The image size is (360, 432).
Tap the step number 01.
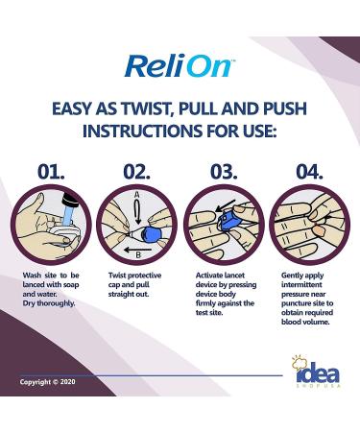(x=51, y=172)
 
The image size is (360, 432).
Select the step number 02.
(x=136, y=172)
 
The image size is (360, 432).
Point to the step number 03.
(x=224, y=172)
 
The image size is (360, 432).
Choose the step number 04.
(x=309, y=172)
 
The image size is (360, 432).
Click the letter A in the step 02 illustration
(x=136, y=195)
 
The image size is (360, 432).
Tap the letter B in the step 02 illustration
(x=138, y=255)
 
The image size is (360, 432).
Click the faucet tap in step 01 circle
(x=68, y=206)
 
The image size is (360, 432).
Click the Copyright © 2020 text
(x=47, y=382)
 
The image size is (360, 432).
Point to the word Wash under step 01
(x=32, y=276)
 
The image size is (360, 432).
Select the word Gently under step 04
(x=292, y=276)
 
